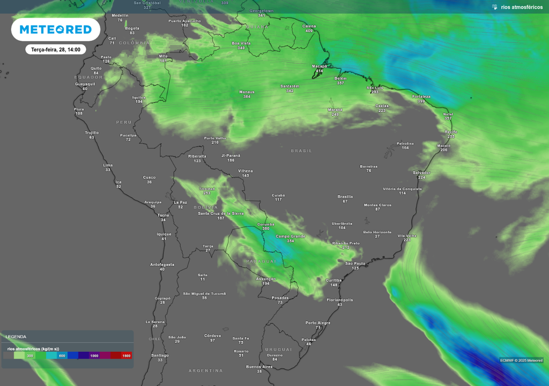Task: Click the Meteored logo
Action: pos(56,29)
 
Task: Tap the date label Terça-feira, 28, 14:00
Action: pos(56,49)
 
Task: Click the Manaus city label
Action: pos(247,92)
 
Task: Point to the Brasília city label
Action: pos(345,196)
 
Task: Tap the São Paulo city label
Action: pos(355,263)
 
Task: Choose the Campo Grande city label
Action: pos(290,236)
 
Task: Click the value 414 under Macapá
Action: pos(320,71)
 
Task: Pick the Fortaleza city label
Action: pos(421,96)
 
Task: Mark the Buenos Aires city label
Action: pos(259,367)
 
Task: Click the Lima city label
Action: pos(108,165)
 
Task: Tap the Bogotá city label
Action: pos(132,28)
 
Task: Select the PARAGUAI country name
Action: pos(261,261)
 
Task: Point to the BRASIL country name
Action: pos(301,151)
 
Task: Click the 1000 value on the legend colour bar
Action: pos(94,355)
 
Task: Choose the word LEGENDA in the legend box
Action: pos(16,337)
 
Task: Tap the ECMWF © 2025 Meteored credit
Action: pos(521,360)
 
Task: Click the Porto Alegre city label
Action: pos(318,323)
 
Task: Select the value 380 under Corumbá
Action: pos(266,229)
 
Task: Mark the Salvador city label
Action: pos(421,173)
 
